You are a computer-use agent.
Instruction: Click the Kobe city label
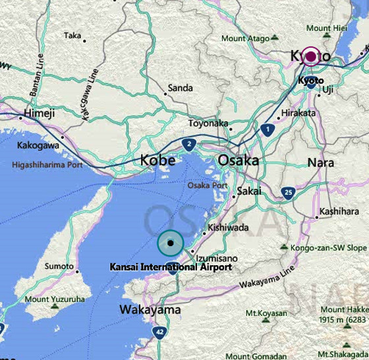[x=157, y=160]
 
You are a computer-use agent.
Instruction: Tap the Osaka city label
[x=238, y=160]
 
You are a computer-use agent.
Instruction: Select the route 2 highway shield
[x=189, y=145]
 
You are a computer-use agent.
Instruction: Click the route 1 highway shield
[x=267, y=130]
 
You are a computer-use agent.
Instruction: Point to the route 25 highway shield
[x=287, y=192]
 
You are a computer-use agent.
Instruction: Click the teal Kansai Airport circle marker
[x=171, y=243]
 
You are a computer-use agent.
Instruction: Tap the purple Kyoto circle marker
[x=310, y=57]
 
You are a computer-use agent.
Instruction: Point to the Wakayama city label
[x=150, y=309]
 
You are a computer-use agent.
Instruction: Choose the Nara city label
[x=320, y=162]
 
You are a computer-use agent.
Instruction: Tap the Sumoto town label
[x=59, y=266]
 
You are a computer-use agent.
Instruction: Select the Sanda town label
[x=180, y=88]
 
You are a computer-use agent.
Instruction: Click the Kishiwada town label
[x=228, y=228]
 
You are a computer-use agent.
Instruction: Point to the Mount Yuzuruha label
[x=55, y=299]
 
